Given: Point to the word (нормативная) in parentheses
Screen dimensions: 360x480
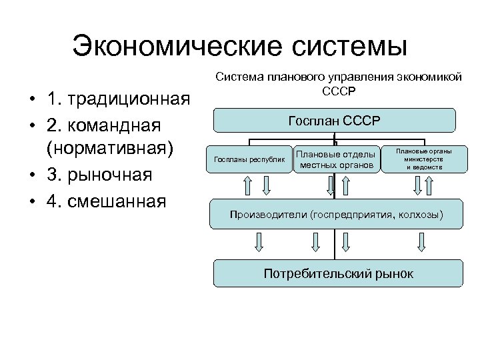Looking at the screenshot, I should (x=110, y=149).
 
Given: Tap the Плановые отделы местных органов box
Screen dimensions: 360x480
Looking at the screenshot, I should (x=335, y=159).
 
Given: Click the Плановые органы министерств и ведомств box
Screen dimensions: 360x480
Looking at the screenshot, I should (x=423, y=159).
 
